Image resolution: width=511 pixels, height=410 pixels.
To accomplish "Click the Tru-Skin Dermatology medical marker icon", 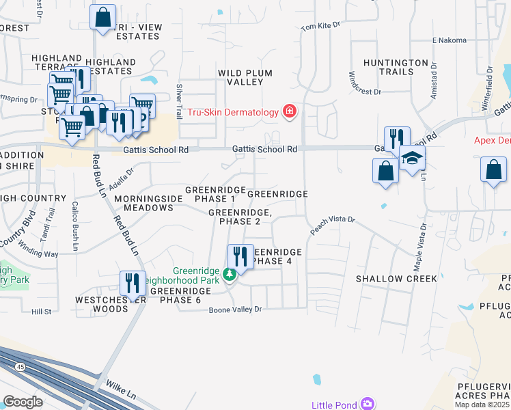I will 290,111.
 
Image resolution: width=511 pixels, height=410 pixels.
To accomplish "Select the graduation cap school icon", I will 412,159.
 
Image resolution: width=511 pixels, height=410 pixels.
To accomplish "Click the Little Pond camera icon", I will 368,404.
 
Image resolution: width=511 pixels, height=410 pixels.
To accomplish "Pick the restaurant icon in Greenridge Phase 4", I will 240,256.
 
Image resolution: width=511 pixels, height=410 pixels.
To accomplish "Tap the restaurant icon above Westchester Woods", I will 133,282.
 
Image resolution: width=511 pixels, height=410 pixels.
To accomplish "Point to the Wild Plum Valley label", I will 245,77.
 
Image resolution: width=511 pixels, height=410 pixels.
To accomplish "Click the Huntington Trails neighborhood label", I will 398,67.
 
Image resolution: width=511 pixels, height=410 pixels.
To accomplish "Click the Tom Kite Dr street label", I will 320,27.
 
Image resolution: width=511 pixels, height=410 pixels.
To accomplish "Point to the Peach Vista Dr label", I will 333,225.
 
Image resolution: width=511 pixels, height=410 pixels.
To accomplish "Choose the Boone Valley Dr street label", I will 235,310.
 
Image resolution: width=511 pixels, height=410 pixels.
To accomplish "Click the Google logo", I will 23,402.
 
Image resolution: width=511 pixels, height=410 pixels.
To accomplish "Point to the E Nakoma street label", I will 448,40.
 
